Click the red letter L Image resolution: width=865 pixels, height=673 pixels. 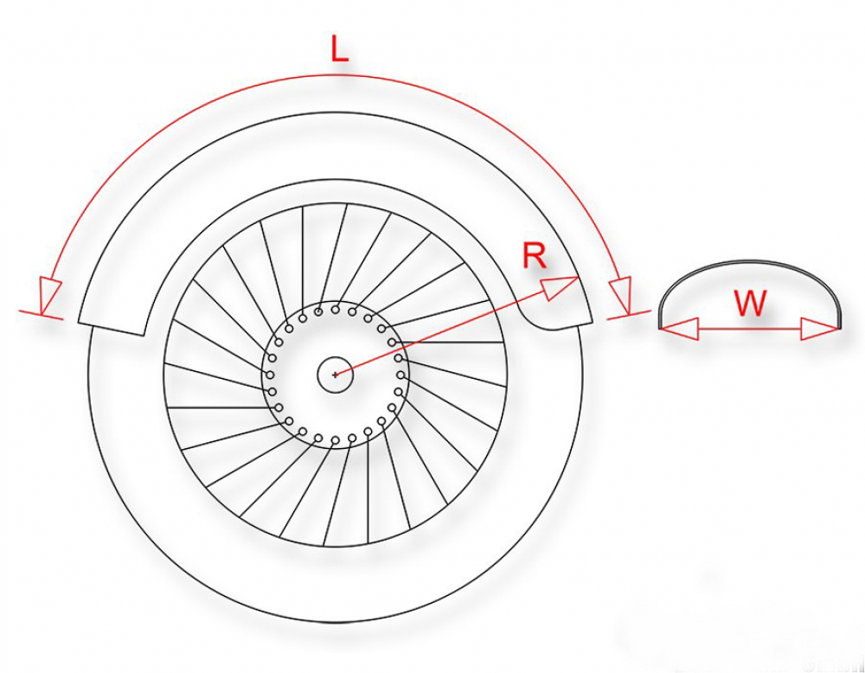[x=340, y=49]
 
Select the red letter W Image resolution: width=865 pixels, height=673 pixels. [x=751, y=303]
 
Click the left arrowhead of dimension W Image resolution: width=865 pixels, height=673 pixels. [x=680, y=329]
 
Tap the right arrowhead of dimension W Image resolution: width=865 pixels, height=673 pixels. [x=819, y=329]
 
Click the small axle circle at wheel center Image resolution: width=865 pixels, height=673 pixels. [x=335, y=375]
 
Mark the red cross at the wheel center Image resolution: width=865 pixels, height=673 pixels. [x=335, y=375]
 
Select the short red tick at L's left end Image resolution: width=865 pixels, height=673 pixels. [x=41, y=315]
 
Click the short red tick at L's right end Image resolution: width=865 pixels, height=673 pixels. [x=629, y=315]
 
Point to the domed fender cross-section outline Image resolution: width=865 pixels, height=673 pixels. [x=750, y=294]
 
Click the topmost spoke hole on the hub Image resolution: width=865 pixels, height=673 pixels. [x=335, y=310]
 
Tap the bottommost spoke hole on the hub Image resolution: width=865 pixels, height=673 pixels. [x=335, y=440]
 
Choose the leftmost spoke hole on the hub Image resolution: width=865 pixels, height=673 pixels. [x=270, y=375]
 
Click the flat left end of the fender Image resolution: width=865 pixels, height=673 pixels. [x=111, y=329]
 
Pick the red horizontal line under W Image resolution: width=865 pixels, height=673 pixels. [x=750, y=329]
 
